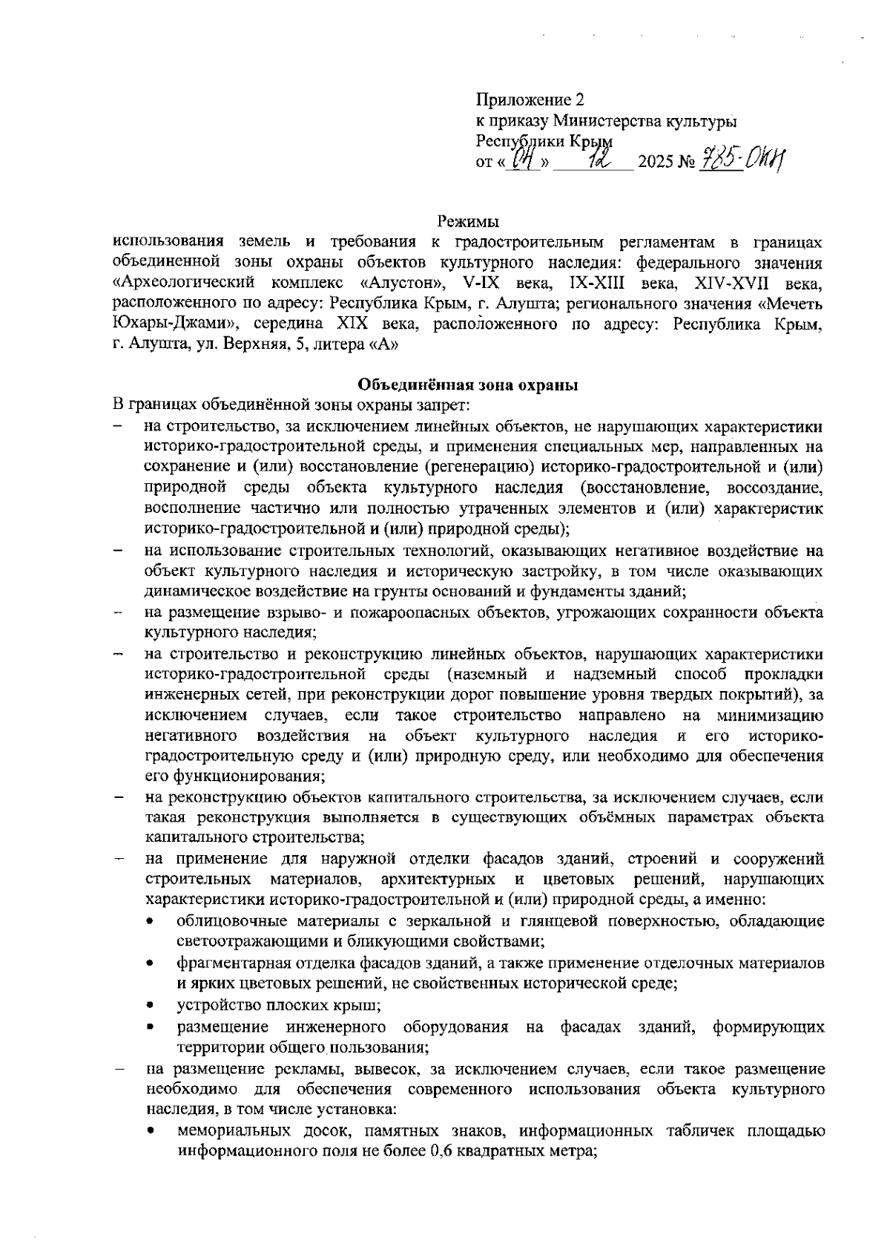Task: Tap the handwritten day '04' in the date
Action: pyautogui.click(x=524, y=158)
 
